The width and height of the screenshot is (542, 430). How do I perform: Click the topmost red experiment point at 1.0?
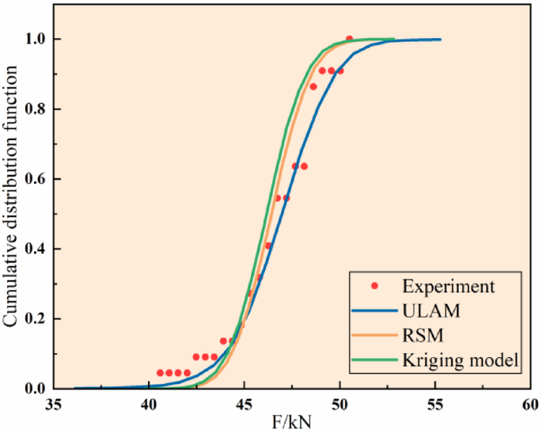pyautogui.click(x=349, y=39)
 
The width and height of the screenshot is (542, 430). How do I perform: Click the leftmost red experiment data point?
pyautogui.click(x=160, y=372)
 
